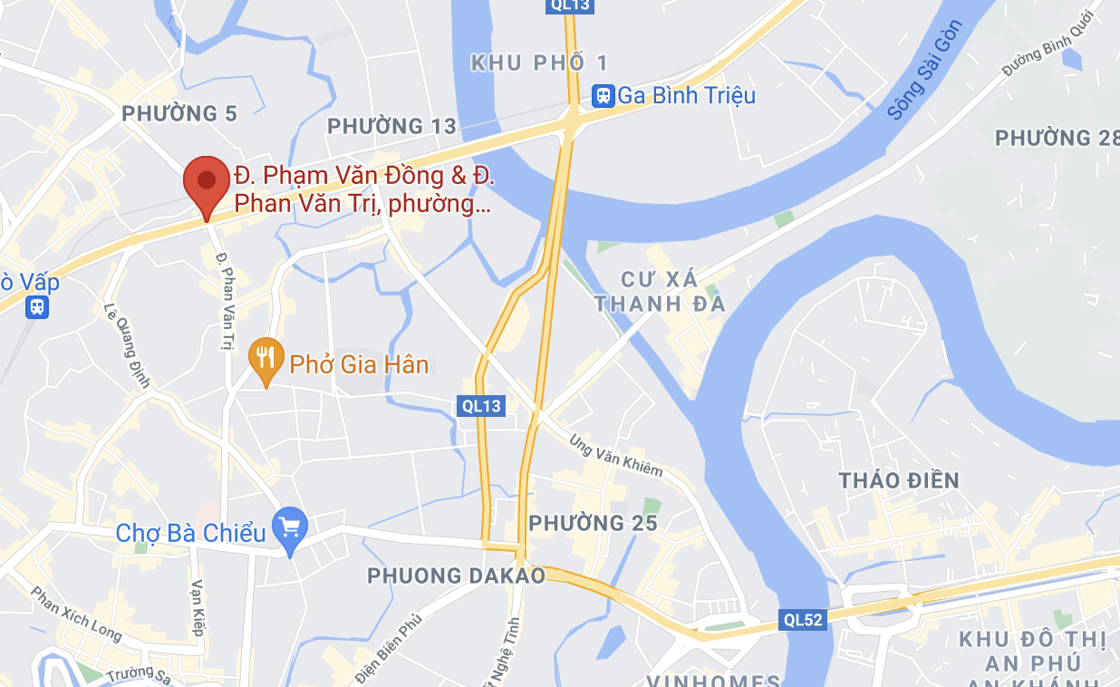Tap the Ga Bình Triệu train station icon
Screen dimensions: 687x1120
pos(602,95)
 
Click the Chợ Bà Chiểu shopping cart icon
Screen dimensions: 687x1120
pos(291,528)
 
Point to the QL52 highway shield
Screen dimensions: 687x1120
pos(803,620)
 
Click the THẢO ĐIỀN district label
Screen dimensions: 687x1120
pos(898,480)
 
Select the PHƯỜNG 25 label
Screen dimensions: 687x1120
pos(593,523)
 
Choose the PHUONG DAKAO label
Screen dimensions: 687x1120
pos(456,576)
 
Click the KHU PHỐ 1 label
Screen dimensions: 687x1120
pos(539,63)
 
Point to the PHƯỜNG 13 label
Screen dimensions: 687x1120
pos(391,126)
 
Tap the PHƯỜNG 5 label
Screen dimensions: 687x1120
pos(179,113)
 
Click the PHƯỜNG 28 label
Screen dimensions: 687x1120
pos(1056,138)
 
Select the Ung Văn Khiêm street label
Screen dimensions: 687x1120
pos(616,456)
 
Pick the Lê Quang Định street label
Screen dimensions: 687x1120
pos(127,345)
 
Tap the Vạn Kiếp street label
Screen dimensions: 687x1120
pos(198,608)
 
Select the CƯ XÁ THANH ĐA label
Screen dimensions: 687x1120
pos(661,291)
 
